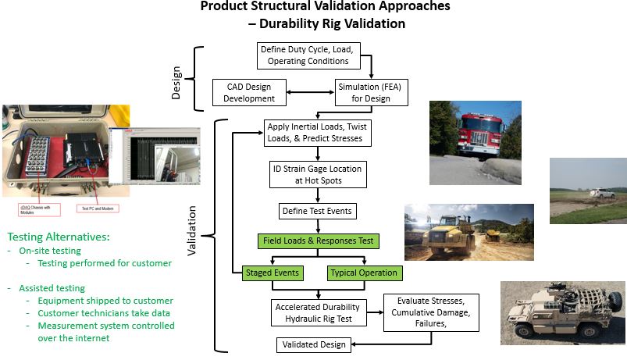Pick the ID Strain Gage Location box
pyautogui.click(x=316, y=174)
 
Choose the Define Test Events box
pyautogui.click(x=316, y=211)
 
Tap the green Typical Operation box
pyautogui.click(x=363, y=273)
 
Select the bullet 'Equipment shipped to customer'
pyautogui.click(x=98, y=301)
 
